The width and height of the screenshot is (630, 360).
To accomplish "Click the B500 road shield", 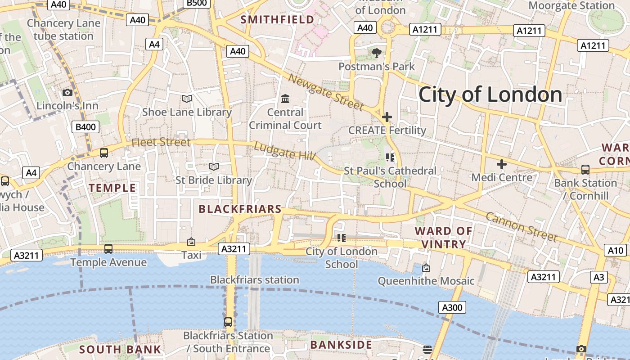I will (197, 4).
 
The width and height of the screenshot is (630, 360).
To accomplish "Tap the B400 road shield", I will (85, 127).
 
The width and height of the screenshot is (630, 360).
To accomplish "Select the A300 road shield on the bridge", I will (452, 307).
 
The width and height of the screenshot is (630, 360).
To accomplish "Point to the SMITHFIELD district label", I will (277, 19).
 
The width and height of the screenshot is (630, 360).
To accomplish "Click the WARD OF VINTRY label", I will (444, 238).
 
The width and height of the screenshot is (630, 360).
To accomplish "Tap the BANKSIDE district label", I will (342, 345).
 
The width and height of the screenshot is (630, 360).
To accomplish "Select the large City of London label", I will (490, 95).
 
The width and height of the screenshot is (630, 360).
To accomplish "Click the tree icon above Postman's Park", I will (376, 53).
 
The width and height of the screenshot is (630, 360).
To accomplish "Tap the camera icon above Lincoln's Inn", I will (67, 92).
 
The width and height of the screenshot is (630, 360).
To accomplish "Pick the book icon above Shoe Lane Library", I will (186, 99).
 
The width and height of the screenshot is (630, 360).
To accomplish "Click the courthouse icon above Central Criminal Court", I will (285, 99).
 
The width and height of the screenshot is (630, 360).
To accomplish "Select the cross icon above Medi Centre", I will (501, 164).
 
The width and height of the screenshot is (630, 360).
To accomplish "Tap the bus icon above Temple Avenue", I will (108, 249).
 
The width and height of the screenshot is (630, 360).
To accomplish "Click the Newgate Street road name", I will (325, 92).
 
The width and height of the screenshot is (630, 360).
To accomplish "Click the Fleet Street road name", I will (161, 142).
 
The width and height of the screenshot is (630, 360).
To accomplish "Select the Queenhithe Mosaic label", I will (426, 281).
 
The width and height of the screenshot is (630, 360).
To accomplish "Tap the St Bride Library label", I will (213, 180).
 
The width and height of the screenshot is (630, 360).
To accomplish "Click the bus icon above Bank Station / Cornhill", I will (585, 170).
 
